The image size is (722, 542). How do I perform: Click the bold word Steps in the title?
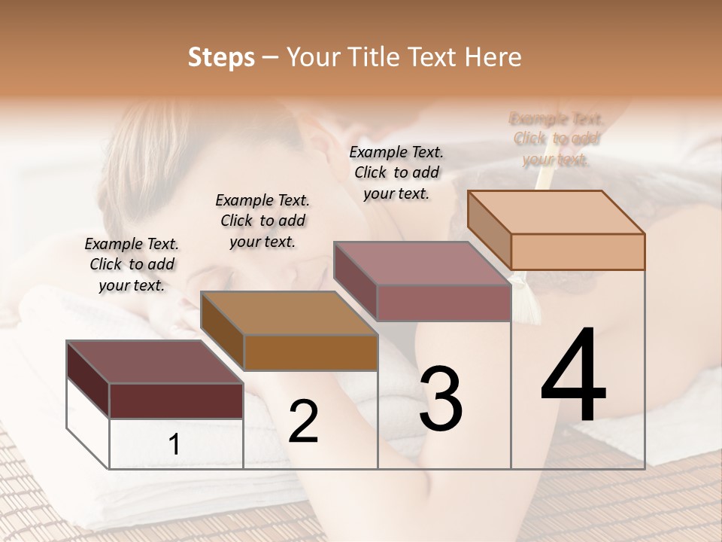[221, 57]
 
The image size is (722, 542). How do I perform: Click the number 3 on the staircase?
[441, 398]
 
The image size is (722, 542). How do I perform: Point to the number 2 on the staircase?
[303, 422]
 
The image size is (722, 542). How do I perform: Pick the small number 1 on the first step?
[174, 445]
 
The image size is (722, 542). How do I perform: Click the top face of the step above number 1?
[154, 362]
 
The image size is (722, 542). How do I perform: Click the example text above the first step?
[132, 264]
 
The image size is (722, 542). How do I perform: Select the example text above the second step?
[262, 221]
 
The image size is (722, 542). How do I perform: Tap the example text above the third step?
[396, 172]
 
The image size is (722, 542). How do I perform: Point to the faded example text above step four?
[557, 139]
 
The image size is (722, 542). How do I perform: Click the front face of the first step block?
[176, 400]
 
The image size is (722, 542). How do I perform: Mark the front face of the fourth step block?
[578, 251]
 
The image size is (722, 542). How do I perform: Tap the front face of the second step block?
[311, 352]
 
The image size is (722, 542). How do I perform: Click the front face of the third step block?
[444, 303]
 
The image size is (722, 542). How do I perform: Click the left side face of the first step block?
[88, 380]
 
